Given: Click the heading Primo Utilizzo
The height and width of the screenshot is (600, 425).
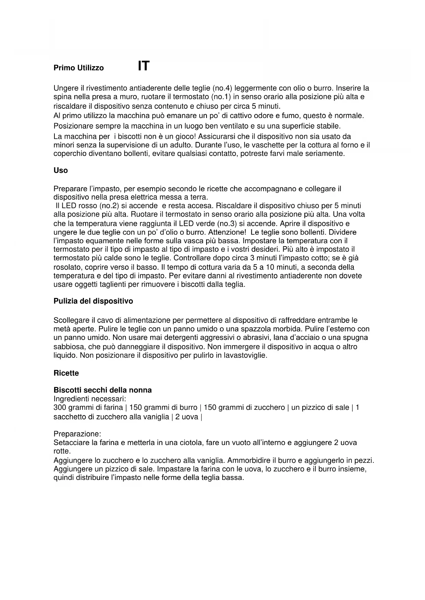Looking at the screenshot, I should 78,68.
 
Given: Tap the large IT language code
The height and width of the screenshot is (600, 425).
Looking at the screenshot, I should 143,66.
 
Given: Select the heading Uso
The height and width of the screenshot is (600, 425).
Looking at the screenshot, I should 61,170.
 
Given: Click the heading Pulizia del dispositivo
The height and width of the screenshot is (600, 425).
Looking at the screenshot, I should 93,301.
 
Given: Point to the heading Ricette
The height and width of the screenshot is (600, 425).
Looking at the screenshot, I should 66,373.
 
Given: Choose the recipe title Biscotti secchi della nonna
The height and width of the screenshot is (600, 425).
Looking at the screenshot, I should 102,390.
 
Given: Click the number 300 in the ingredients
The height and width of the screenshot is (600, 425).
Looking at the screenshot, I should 60,407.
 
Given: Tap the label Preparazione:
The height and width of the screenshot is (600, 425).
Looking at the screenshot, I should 77,434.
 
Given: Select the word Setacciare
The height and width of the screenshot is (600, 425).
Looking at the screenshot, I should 71,443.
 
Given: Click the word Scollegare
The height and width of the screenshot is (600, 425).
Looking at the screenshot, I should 71,321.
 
